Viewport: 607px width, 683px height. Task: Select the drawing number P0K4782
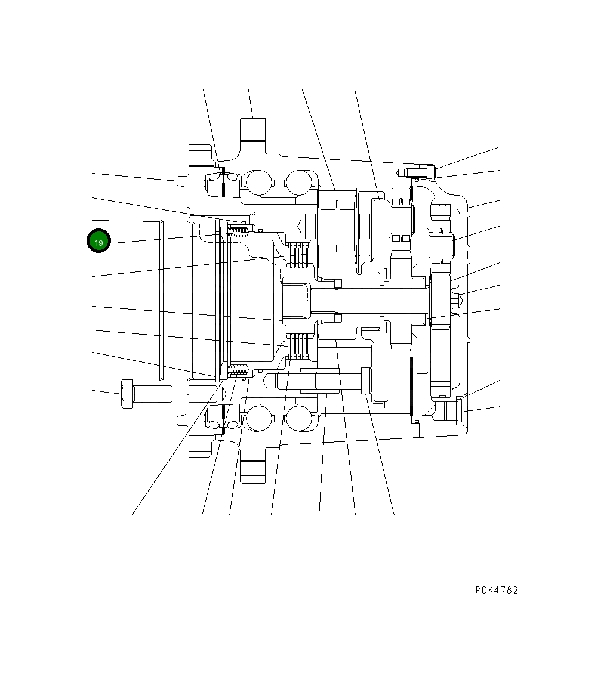[x=497, y=590]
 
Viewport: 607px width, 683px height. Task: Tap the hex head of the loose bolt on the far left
[x=127, y=394]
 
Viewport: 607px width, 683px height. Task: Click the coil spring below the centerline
[x=239, y=370]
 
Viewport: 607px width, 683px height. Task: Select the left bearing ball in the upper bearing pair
[x=258, y=181]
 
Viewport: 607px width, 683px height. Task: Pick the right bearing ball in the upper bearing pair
[x=299, y=181]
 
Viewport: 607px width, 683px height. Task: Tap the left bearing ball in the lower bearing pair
[x=258, y=418]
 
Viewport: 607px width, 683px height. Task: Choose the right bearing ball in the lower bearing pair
[x=299, y=418]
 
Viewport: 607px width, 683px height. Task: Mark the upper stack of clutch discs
[x=298, y=255]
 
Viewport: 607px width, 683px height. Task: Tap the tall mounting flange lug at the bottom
[x=252, y=471]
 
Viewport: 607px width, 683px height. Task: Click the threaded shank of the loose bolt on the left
[x=152, y=394]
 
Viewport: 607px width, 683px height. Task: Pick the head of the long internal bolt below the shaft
[x=366, y=381]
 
